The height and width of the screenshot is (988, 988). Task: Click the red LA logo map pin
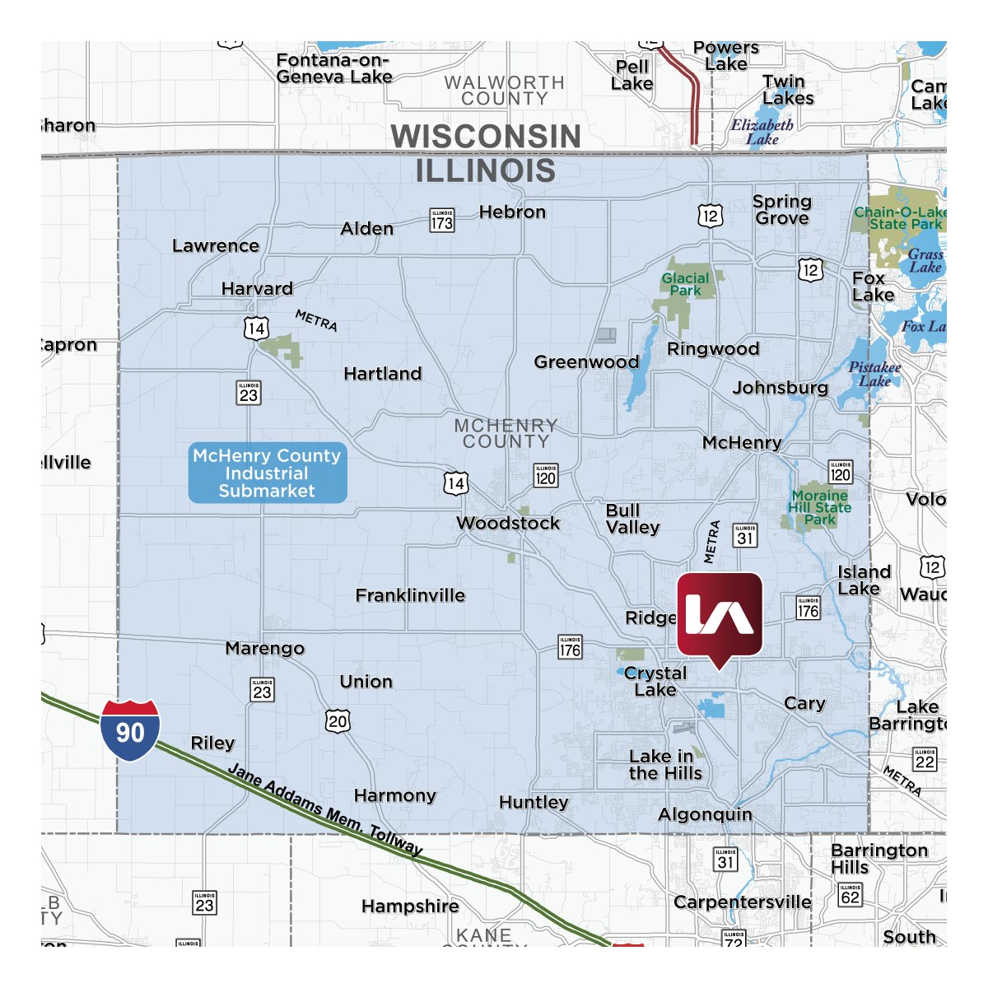[x=720, y=615]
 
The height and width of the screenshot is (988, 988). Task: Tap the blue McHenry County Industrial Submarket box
[x=267, y=473]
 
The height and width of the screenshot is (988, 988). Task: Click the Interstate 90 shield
[x=130, y=730]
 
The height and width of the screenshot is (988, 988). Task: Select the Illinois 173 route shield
[x=442, y=221]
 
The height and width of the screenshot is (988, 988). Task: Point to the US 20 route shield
[x=338, y=721]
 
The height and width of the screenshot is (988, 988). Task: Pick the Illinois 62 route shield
[x=850, y=894]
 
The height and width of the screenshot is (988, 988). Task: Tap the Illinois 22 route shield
[x=925, y=759]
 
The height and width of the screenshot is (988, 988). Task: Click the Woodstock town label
[x=508, y=524]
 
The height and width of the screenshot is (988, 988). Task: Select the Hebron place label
[x=512, y=212]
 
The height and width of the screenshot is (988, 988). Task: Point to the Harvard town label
[x=257, y=289]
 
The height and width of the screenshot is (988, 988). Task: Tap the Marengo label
[x=265, y=649]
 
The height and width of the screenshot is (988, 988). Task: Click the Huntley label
[x=534, y=803]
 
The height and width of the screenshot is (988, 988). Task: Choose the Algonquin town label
[x=705, y=815]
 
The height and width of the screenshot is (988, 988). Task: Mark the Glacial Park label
[x=685, y=284]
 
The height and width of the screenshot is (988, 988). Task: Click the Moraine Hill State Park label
[x=819, y=507]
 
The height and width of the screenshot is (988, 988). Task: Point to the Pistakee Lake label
[x=874, y=374]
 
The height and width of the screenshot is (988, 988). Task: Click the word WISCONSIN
[x=486, y=137]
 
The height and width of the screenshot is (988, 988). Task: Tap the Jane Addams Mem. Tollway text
[x=325, y=810]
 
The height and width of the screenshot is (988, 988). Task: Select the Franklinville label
[x=410, y=595]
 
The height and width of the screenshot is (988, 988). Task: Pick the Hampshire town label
[x=410, y=906]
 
